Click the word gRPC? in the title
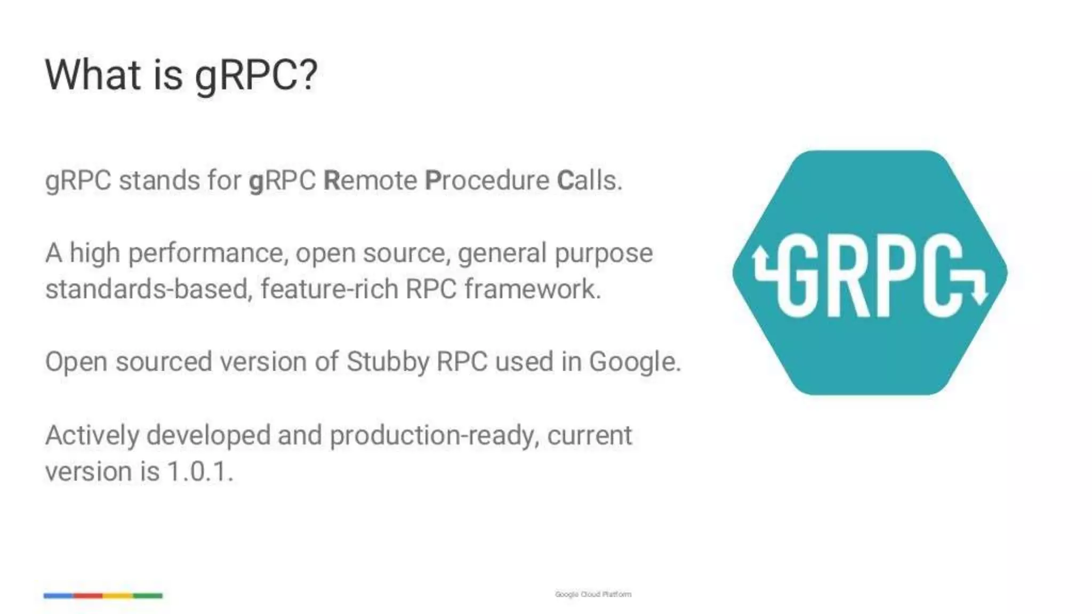point(256,76)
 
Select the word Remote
point(371,180)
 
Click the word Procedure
point(487,180)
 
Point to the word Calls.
point(589,180)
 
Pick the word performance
point(208,253)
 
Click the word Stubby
point(388,362)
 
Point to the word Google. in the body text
point(635,362)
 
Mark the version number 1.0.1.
point(200,472)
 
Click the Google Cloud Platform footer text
point(593,594)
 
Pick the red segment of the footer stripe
point(88,595)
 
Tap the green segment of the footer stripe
point(148,595)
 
